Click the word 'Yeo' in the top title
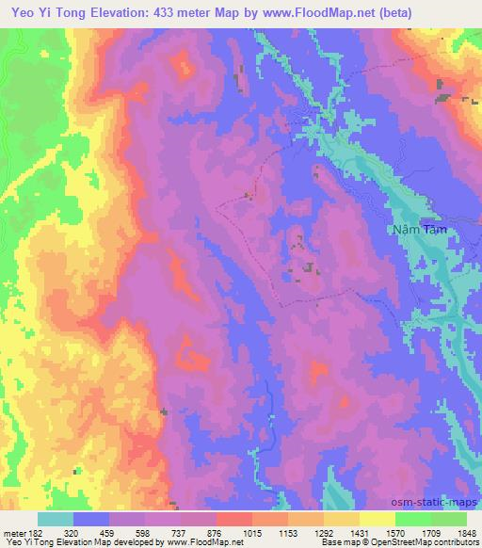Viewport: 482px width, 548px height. pyautogui.click(x=22, y=13)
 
